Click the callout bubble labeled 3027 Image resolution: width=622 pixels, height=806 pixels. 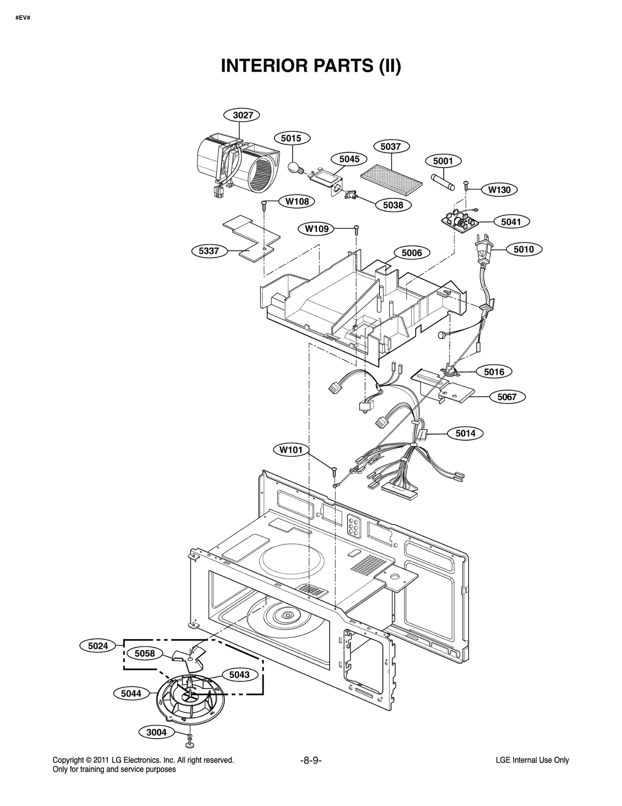(241, 115)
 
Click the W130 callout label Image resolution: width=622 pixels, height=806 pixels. (499, 190)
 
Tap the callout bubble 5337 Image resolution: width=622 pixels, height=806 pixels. (209, 251)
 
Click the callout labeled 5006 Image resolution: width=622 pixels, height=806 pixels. (411, 253)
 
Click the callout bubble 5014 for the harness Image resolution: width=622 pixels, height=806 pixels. (465, 433)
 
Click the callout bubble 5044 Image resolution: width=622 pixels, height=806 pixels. (131, 693)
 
